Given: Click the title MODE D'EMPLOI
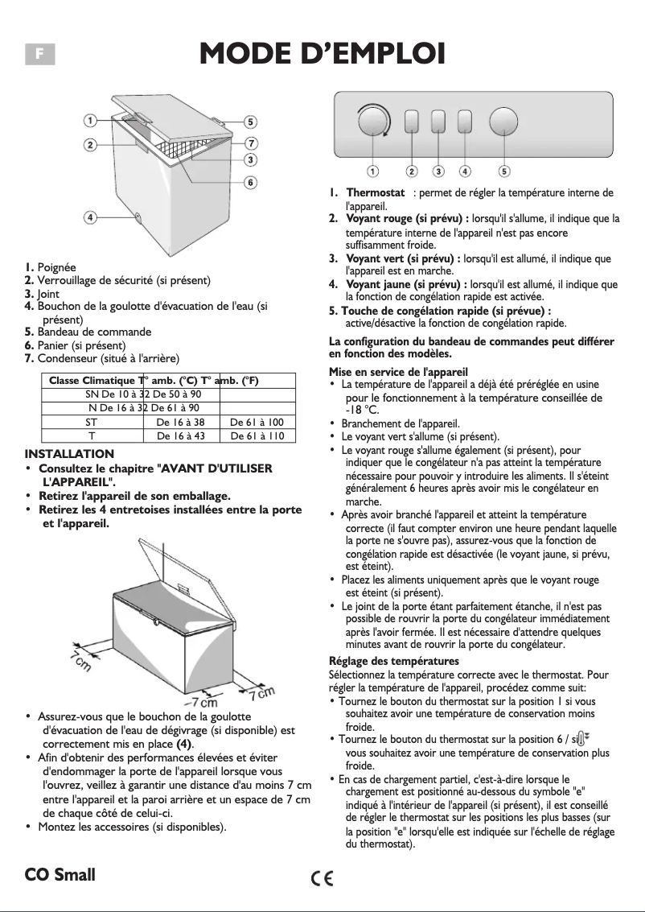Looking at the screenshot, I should click(x=322, y=54).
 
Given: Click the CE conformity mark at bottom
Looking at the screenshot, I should click(x=322, y=876).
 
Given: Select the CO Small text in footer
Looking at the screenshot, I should click(x=60, y=874).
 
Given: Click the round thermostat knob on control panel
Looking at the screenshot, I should click(x=372, y=122).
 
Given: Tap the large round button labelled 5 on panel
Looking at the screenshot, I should click(x=503, y=122).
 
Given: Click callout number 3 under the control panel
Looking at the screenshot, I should click(x=438, y=171).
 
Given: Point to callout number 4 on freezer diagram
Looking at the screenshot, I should click(x=92, y=217).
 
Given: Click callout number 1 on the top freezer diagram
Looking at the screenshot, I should click(x=92, y=120).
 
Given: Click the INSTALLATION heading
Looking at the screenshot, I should click(x=69, y=454).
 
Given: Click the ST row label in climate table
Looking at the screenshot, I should click(x=91, y=421).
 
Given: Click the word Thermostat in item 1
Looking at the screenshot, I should click(x=375, y=193).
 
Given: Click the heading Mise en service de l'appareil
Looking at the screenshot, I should click(x=399, y=371).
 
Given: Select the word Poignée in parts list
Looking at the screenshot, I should click(x=56, y=267).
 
